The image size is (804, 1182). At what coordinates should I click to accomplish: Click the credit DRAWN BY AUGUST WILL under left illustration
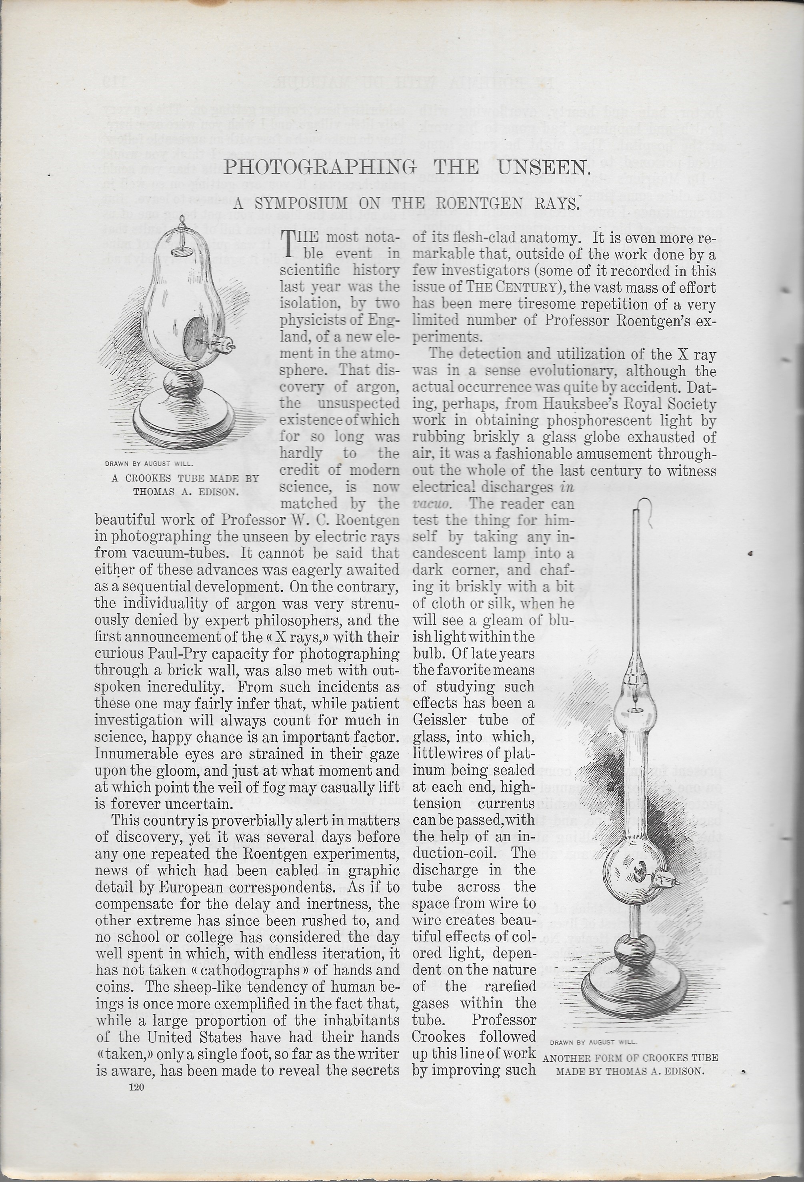point(148,464)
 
